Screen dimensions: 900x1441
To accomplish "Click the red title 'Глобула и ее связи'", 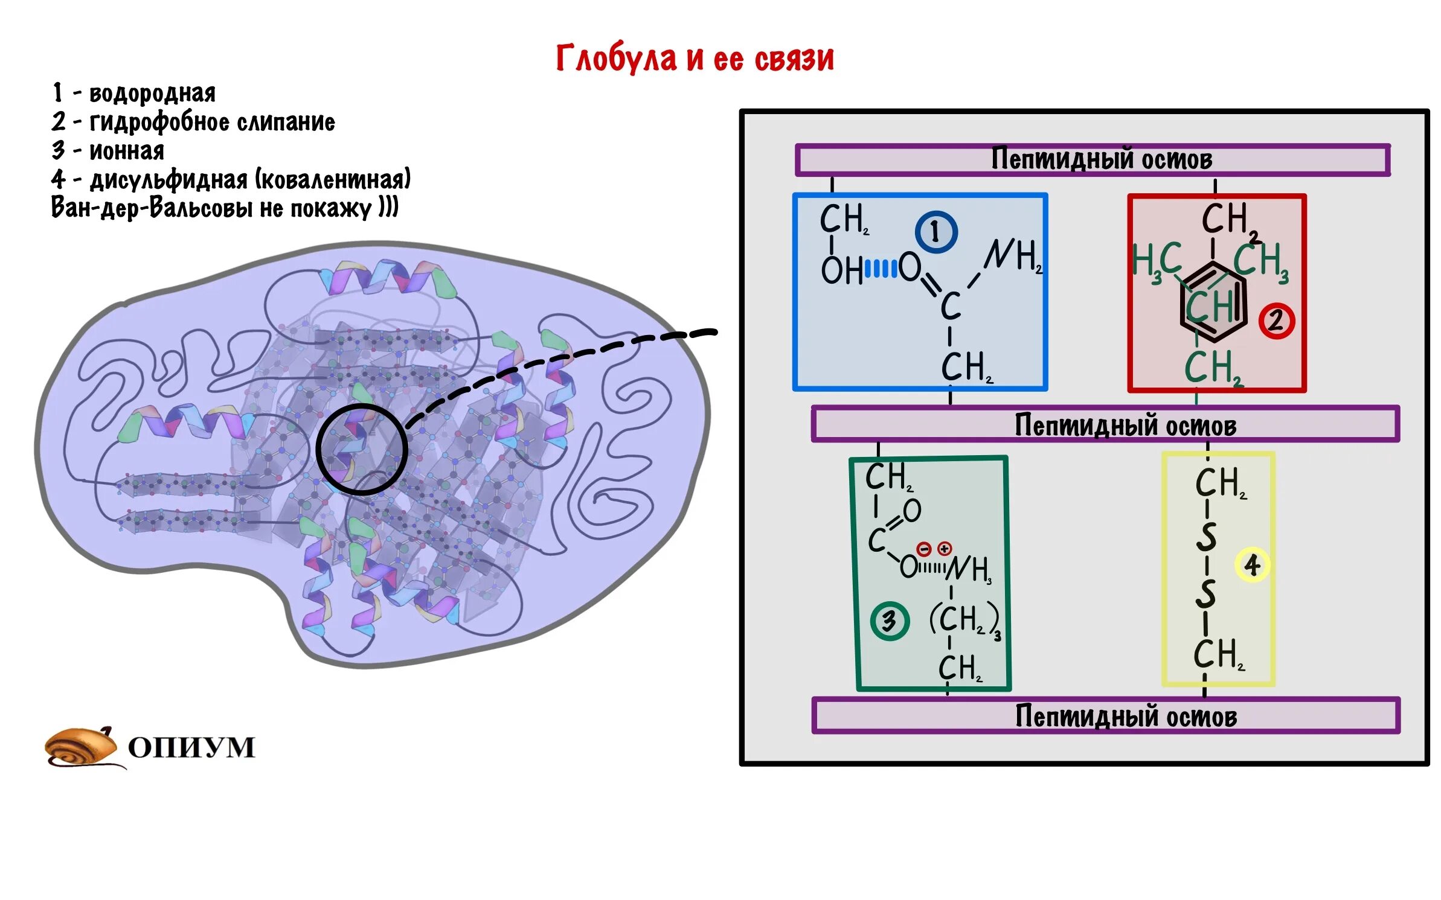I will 695,59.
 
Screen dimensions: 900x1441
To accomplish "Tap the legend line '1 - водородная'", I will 133,93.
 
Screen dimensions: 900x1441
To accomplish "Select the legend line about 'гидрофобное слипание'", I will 193,122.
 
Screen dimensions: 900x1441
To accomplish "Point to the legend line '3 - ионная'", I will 108,150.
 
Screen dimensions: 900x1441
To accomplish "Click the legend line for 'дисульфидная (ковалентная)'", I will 231,179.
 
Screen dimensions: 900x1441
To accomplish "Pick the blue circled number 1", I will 936,232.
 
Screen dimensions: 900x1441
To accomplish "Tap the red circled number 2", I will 1276,320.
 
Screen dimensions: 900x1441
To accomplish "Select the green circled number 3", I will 889,621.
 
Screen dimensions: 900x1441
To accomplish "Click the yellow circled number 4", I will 1252,565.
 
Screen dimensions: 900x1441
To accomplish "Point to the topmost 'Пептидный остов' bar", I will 1093,160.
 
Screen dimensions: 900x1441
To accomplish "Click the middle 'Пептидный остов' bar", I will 1105,425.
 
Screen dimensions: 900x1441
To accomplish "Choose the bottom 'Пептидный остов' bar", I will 1105,716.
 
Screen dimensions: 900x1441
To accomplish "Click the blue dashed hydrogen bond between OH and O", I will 881,268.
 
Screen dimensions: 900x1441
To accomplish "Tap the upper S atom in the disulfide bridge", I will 1206,536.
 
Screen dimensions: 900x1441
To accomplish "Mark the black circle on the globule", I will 362,449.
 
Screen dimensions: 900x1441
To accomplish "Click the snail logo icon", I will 82,747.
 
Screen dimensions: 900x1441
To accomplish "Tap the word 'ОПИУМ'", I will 191,747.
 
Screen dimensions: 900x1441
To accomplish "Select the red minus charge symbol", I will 924,549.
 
